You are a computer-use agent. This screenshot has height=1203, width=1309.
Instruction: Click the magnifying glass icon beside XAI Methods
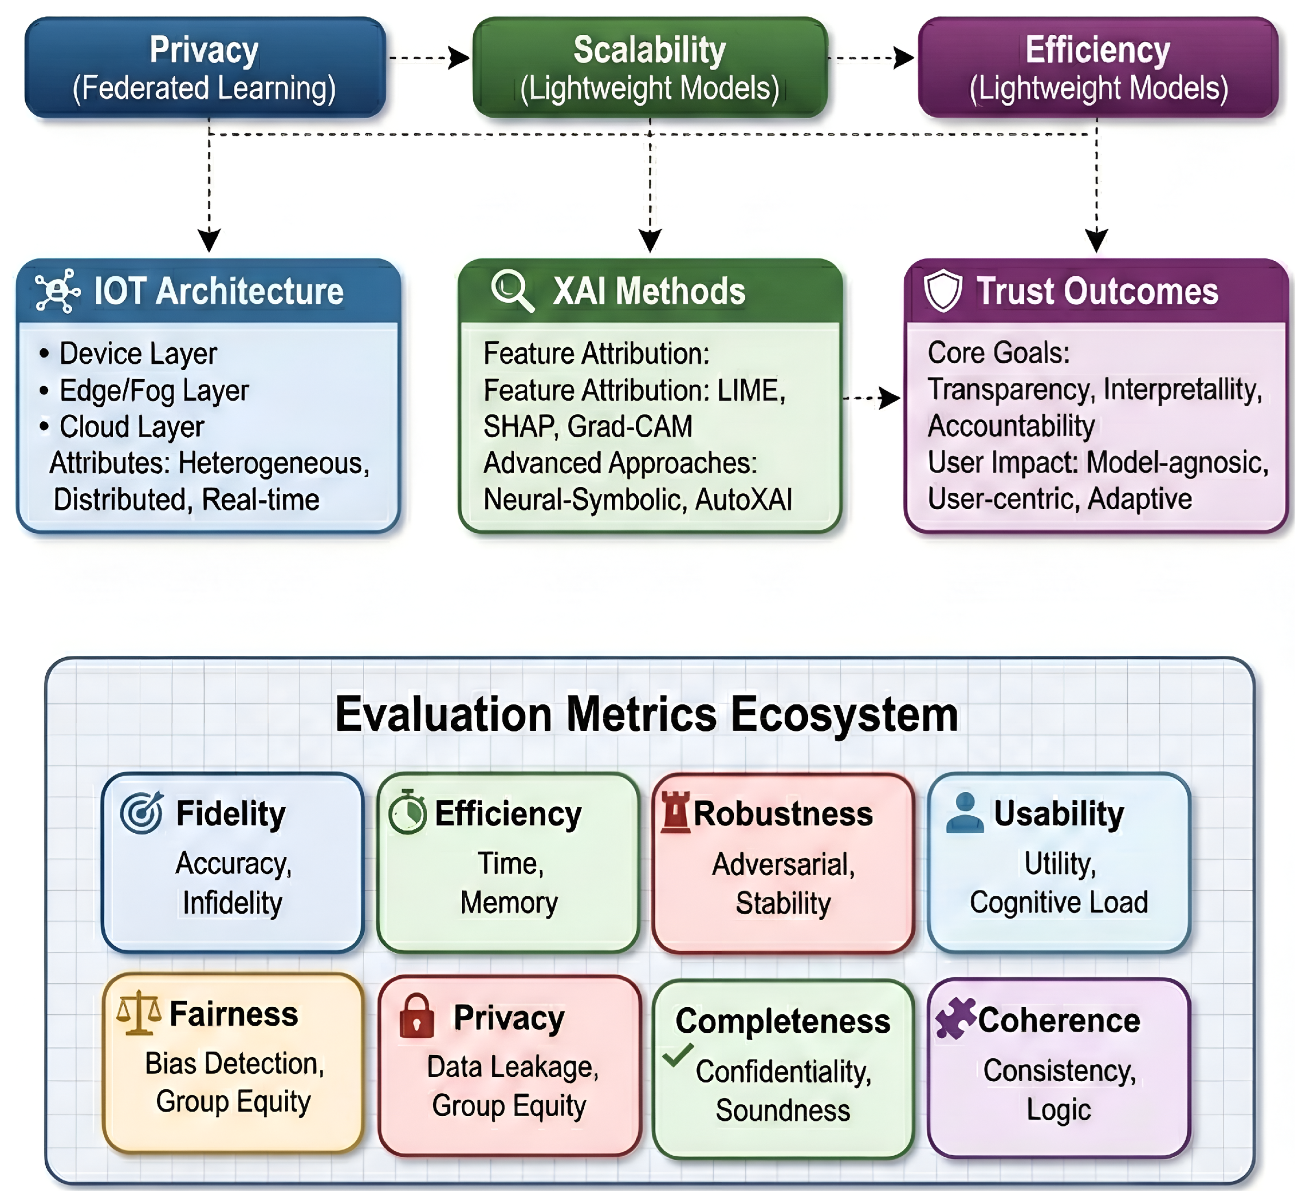click(512, 290)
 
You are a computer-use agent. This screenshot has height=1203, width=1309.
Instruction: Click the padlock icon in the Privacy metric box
click(416, 1015)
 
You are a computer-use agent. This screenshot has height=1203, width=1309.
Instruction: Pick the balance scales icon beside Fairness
click(138, 1012)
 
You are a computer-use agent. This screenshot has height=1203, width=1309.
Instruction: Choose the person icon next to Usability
click(965, 813)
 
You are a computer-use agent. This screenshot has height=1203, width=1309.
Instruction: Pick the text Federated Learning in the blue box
click(205, 89)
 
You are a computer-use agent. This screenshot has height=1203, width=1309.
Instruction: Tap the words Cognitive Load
click(1058, 902)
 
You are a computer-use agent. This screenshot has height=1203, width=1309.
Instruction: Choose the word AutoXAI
click(744, 500)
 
